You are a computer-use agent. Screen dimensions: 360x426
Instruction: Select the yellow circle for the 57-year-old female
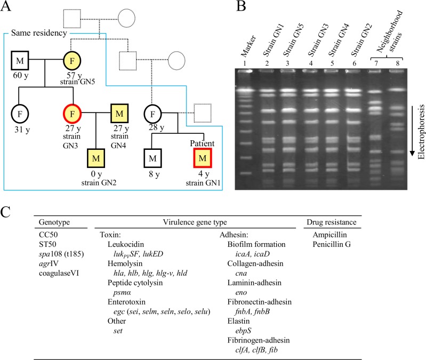click(x=72, y=60)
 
